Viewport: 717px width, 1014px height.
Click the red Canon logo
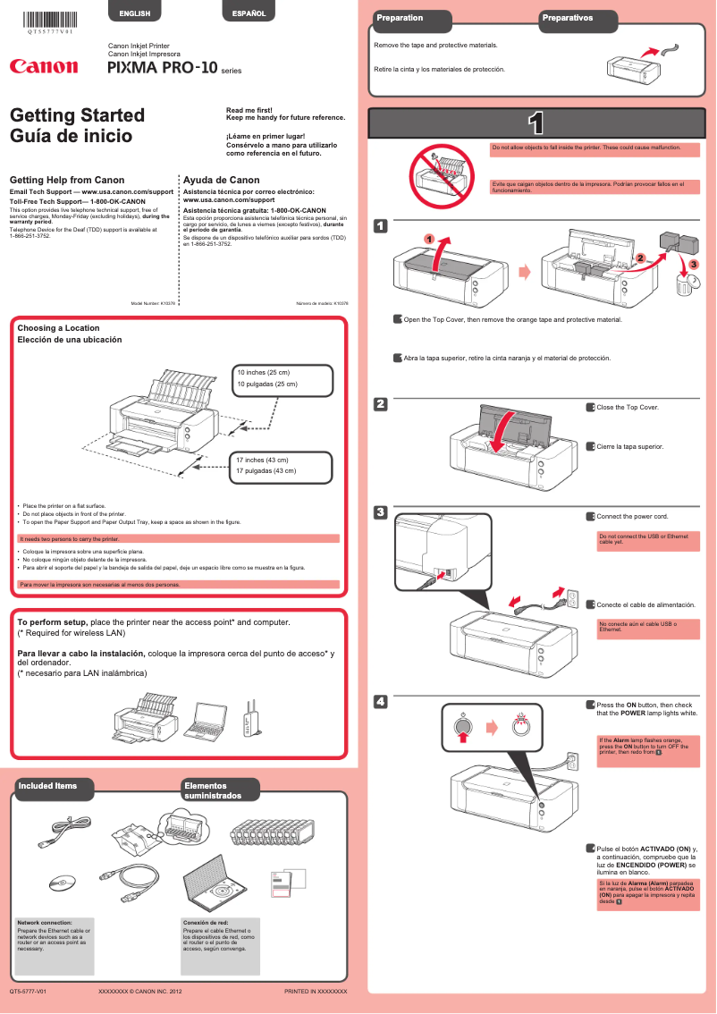click(43, 66)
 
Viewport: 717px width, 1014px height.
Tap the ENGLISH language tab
click(134, 13)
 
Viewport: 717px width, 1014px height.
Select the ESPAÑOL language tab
click(249, 13)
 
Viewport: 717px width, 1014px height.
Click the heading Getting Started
click(77, 115)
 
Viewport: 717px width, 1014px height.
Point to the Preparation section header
click(401, 18)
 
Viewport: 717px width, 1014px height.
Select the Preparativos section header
click(567, 18)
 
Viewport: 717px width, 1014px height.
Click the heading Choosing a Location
click(58, 328)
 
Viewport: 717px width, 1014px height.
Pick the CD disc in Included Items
click(60, 883)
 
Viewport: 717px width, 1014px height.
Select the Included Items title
click(47, 786)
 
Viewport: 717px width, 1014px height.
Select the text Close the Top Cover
click(627, 408)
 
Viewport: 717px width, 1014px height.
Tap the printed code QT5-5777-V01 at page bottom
click(28, 992)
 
